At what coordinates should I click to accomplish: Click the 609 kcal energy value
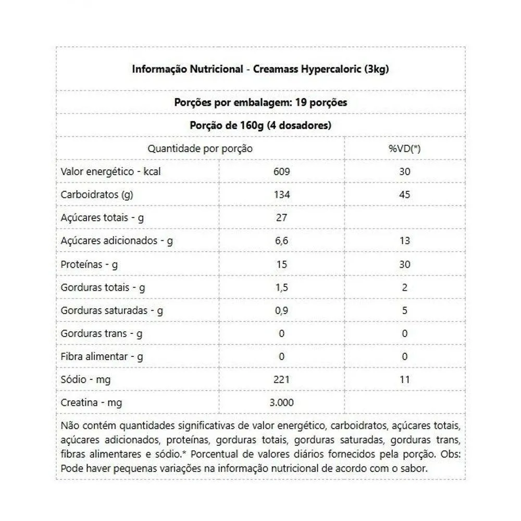tap(281, 171)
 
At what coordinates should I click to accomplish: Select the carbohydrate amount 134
tap(281, 195)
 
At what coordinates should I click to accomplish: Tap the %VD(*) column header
tap(404, 148)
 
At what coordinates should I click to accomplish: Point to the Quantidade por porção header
tap(200, 148)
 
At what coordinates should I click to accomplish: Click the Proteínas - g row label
tap(89, 264)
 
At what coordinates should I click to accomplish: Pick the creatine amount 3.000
tap(281, 403)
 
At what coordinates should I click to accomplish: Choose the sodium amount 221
tap(281, 380)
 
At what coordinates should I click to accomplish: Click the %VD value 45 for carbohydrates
tap(404, 195)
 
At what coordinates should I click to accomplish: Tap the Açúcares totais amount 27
tap(281, 218)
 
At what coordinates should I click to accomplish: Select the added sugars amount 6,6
tap(281, 241)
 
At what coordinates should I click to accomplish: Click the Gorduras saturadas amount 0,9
tap(281, 311)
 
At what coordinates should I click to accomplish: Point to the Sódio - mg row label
tap(86, 380)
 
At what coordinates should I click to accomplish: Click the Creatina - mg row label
tap(92, 403)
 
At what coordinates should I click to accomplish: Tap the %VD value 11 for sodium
tap(404, 380)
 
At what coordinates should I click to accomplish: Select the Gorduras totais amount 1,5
tap(281, 287)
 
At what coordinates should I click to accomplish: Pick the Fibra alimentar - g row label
tap(102, 357)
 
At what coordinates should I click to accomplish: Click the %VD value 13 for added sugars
tap(404, 241)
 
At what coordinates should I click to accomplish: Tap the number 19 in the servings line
tap(300, 102)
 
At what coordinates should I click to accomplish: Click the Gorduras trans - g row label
tap(102, 333)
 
